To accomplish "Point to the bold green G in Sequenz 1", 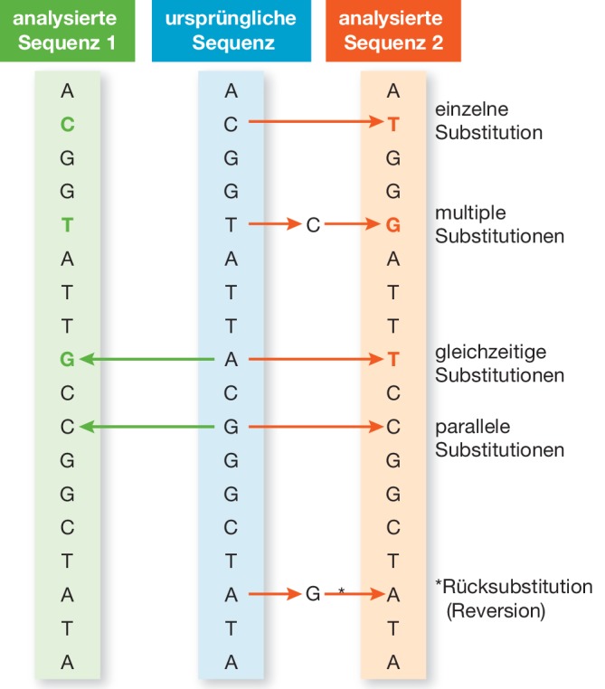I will [x=67, y=360].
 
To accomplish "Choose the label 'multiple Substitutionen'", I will [x=500, y=225].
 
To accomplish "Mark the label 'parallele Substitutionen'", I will [x=500, y=438].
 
